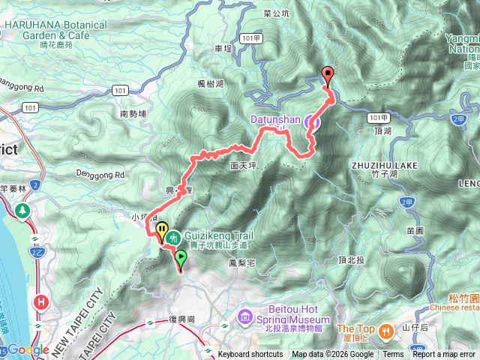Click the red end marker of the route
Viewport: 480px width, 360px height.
coord(328,74)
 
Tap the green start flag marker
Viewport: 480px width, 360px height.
coord(181,259)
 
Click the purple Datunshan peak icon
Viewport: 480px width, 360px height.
coord(316,120)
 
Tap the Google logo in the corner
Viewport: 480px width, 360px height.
coord(28,350)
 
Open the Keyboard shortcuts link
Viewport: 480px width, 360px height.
coord(250,355)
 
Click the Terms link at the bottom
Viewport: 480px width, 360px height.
coord(393,355)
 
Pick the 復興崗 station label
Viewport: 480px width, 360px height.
coord(182,319)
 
